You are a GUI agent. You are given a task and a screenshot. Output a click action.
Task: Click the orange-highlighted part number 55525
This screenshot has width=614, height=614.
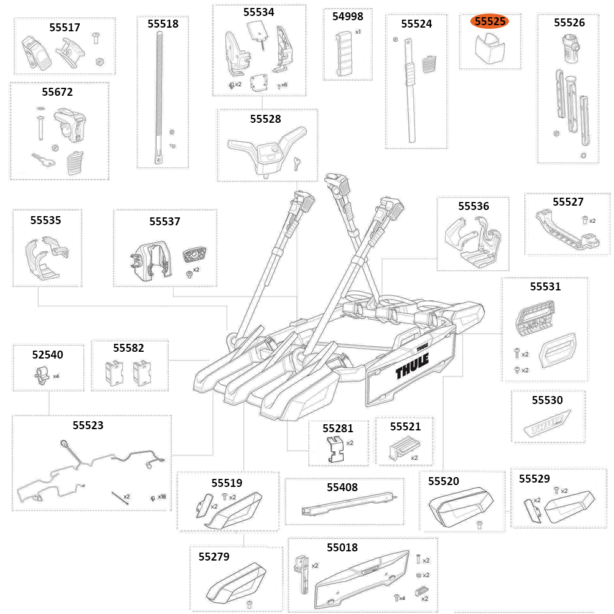coord(490,21)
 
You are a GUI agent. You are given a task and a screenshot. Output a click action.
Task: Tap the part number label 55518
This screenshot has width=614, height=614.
coord(163,24)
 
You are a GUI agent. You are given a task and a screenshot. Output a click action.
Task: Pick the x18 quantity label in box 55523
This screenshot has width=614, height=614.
coord(161,496)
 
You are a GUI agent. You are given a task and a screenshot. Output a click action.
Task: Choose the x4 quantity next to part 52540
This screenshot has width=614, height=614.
coord(56,376)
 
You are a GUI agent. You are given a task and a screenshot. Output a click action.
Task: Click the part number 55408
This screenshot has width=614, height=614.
coord(342,488)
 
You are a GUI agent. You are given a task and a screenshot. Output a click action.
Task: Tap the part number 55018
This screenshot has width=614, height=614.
coord(342,547)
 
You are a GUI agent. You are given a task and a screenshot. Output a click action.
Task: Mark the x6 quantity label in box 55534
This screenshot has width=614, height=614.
coord(284,85)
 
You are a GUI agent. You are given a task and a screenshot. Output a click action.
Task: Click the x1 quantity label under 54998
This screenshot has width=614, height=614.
coord(358,31)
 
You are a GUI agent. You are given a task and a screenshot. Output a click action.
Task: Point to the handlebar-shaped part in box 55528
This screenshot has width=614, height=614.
coord(266,148)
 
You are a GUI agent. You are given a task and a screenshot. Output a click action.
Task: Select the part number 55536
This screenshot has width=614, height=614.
coord(473,206)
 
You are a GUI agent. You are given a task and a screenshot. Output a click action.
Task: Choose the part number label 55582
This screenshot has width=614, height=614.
coord(129,348)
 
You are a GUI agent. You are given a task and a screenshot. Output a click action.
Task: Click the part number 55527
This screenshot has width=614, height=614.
coord(567,202)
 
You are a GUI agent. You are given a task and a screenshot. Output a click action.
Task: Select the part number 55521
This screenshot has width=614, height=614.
coord(405,426)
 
